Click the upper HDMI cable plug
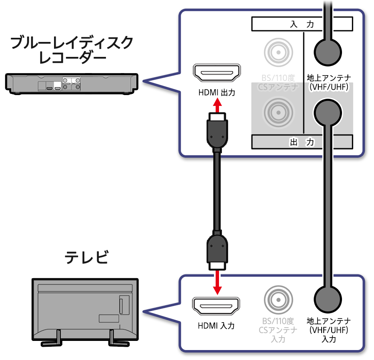point(217,130)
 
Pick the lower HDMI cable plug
point(217,252)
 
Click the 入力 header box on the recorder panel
point(302,24)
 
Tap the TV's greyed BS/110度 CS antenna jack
point(278,300)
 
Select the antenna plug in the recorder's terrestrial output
point(328,112)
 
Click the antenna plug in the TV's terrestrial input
point(328,299)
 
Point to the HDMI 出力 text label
point(217,93)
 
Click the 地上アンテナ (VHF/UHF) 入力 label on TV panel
point(328,330)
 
